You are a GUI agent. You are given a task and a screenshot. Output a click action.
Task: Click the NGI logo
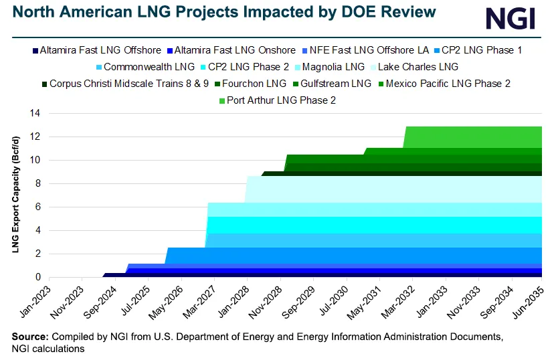coord(510,18)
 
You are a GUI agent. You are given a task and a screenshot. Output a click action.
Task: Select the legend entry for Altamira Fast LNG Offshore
coord(96,50)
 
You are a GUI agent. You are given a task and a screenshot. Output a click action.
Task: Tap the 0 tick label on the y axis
coord(38,277)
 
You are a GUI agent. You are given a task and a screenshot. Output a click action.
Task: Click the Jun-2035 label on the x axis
coord(529,298)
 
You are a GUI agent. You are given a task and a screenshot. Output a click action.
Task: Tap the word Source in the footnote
coord(29,336)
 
